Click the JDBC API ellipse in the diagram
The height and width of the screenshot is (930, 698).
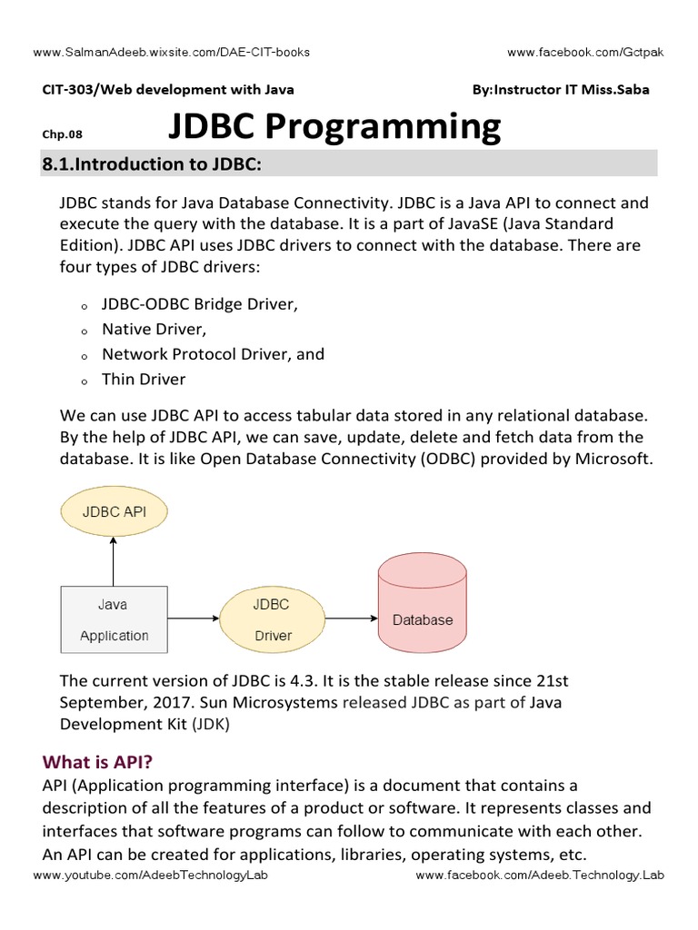pyautogui.click(x=114, y=511)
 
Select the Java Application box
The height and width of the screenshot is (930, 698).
pyautogui.click(x=114, y=619)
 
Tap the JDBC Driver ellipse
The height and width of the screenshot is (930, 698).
pyautogui.click(x=273, y=619)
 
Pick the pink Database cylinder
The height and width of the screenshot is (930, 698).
pyautogui.click(x=423, y=608)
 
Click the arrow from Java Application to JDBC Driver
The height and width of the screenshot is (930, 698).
pyautogui.click(x=194, y=619)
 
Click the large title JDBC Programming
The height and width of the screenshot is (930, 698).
pyautogui.click(x=334, y=126)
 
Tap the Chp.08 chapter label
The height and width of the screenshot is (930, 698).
pyautogui.click(x=63, y=134)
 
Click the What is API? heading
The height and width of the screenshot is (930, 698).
pyautogui.click(x=96, y=762)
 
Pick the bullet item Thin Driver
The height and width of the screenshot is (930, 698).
pyautogui.click(x=144, y=379)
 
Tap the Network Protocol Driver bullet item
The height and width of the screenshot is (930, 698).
pyautogui.click(x=213, y=354)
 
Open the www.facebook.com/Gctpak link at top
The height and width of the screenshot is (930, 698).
pyautogui.click(x=585, y=52)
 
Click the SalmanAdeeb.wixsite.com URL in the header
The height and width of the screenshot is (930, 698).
pyautogui.click(x=171, y=52)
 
